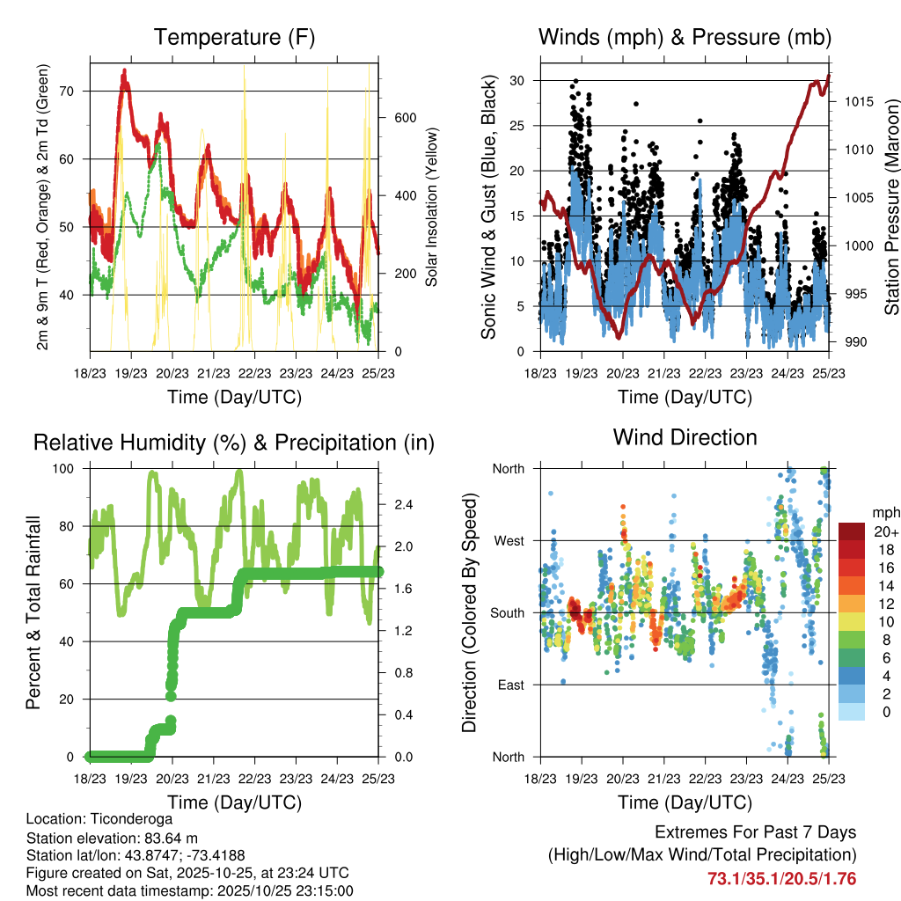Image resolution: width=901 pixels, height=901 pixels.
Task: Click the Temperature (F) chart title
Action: tap(233, 38)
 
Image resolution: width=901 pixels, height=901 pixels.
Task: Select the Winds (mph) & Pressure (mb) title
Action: tap(685, 38)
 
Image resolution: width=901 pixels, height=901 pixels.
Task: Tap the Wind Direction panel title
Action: tap(685, 437)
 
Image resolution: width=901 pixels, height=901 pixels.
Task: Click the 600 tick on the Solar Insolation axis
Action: tap(404, 118)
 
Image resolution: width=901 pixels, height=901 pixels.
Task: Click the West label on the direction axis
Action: tap(508, 541)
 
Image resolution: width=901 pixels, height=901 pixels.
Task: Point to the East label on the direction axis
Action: tap(509, 685)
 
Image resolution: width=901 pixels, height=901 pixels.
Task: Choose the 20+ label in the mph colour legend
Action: tap(884, 532)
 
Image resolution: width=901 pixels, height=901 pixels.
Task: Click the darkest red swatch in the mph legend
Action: tap(851, 531)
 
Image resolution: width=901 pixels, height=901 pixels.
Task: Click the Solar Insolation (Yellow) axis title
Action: tap(432, 207)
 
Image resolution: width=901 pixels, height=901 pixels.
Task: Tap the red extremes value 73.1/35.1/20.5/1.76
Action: tap(782, 878)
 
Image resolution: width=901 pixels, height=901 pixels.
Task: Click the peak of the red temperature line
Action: tap(125, 70)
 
